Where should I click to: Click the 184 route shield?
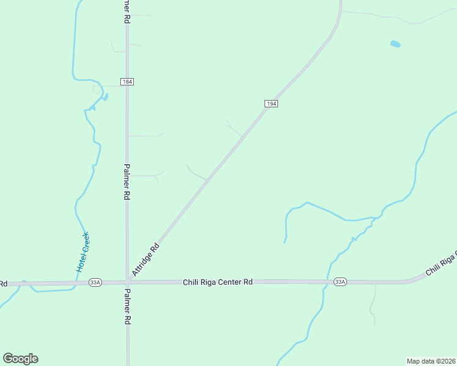pyautogui.click(x=126, y=82)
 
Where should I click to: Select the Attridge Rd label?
pyautogui.click(x=146, y=260)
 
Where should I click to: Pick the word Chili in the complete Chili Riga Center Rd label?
pyautogui.click(x=192, y=282)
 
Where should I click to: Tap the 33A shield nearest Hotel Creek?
pyautogui.click(x=95, y=282)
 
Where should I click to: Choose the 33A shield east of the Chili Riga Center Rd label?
pyautogui.click(x=340, y=282)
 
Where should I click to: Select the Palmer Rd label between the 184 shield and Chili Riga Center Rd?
pyautogui.click(x=127, y=182)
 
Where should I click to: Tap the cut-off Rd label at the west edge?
pyautogui.click(x=3, y=284)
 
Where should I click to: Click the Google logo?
pyautogui.click(x=20, y=359)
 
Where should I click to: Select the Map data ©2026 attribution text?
pyautogui.click(x=431, y=361)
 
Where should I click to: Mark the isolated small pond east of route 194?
pyautogui.click(x=395, y=44)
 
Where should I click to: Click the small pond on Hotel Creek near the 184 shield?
pyautogui.click(x=104, y=97)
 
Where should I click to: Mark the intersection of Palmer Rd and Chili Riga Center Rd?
pyautogui.click(x=127, y=282)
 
